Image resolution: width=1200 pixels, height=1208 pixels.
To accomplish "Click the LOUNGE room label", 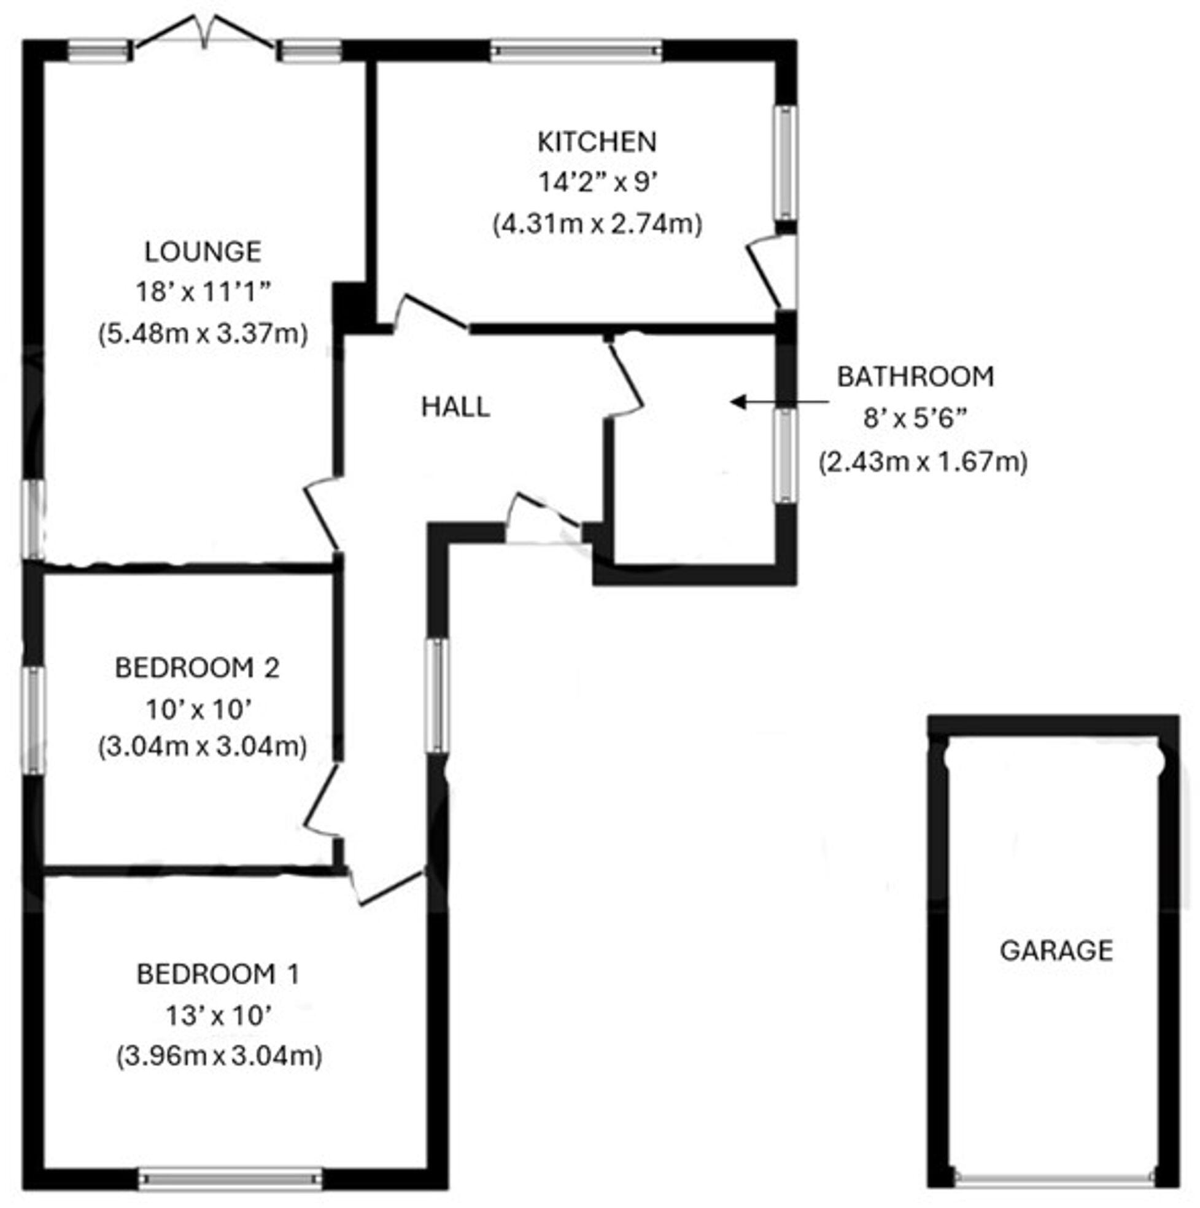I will click(203, 252).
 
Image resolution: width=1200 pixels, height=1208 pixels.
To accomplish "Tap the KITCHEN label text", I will click(597, 142).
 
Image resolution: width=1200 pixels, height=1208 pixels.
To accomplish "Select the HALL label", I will click(455, 408).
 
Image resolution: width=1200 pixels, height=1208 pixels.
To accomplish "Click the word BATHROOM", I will click(915, 377).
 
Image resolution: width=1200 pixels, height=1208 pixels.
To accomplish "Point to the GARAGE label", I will click(1056, 950).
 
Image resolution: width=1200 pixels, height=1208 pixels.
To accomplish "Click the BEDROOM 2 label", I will click(197, 668).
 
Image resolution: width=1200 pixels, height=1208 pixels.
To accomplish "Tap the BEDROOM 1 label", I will click(218, 974).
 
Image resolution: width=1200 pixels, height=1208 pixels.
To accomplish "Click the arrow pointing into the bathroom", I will click(779, 402).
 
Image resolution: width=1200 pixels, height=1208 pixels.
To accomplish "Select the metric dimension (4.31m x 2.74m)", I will click(597, 224).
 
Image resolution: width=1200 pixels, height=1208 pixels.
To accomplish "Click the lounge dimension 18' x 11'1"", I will click(203, 292).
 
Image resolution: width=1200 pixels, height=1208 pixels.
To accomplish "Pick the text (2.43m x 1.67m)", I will click(923, 462).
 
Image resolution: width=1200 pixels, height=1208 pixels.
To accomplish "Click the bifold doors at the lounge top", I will click(204, 34).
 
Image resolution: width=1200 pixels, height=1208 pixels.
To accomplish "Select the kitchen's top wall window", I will click(575, 51).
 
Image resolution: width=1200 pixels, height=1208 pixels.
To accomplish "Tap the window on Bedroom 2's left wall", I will click(34, 719).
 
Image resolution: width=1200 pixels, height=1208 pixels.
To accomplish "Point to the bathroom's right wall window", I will click(786, 455).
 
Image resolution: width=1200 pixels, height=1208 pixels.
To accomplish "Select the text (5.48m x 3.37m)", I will click(203, 334).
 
